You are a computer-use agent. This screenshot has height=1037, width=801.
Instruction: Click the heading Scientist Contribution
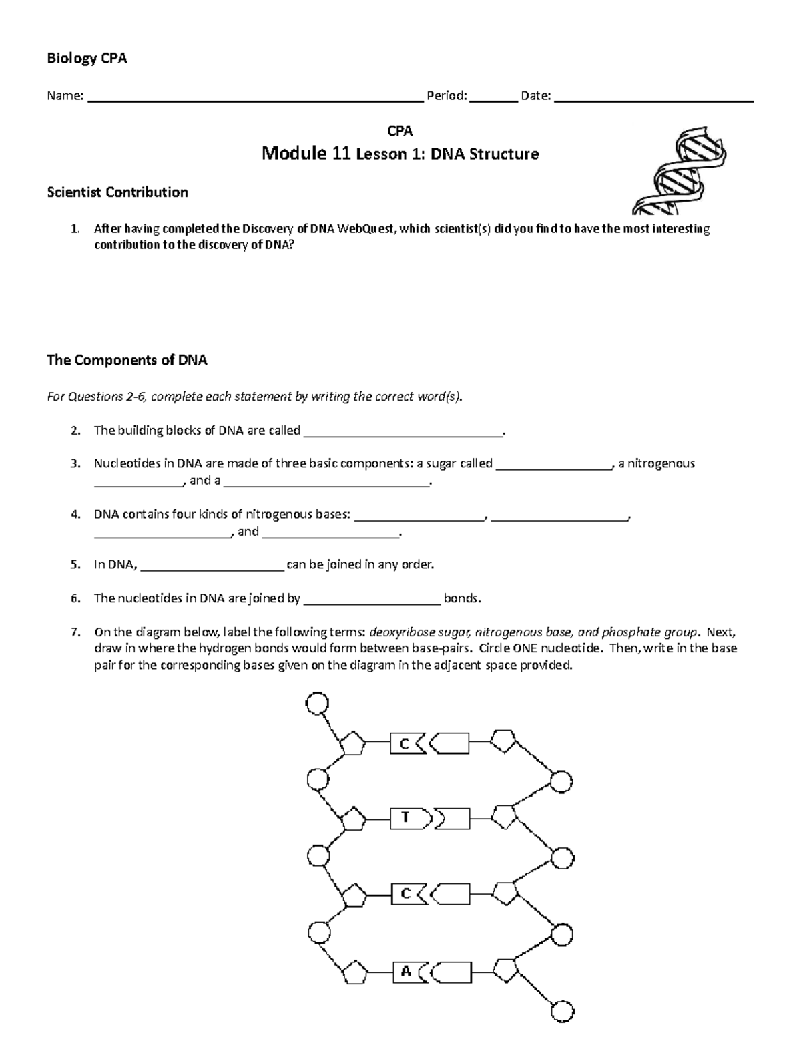(x=117, y=192)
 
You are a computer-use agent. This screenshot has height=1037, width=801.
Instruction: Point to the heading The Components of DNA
(x=127, y=361)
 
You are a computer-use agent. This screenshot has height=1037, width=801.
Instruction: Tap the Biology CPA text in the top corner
(x=87, y=59)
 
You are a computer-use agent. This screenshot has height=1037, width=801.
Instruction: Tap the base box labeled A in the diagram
(x=410, y=972)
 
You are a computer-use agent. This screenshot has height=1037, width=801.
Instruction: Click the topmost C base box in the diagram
(x=408, y=743)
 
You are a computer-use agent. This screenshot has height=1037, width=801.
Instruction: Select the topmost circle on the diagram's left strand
(x=316, y=703)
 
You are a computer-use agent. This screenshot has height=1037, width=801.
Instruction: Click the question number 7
(x=75, y=632)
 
